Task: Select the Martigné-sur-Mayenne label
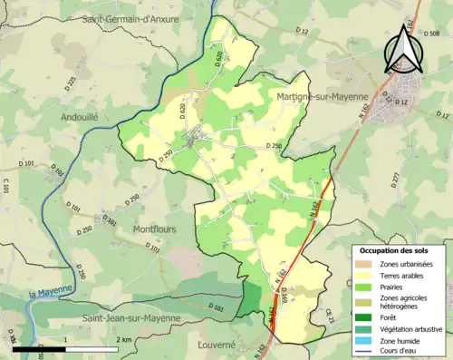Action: [x=321, y=96]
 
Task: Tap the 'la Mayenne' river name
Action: [x=49, y=293]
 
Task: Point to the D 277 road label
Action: [x=395, y=180]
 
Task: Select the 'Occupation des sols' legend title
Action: [x=396, y=249]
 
